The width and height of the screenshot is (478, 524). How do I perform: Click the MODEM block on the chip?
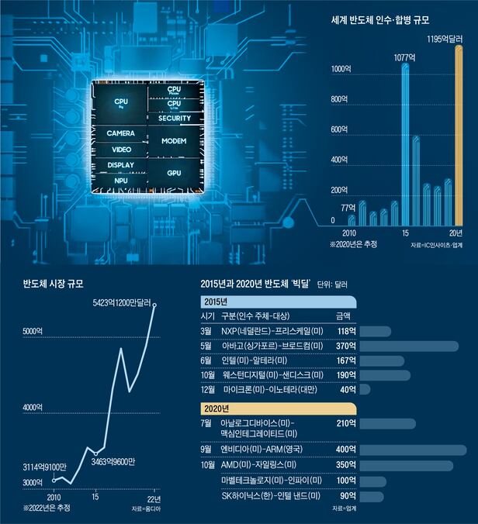pos(174,142)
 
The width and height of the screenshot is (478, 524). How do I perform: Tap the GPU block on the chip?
pos(174,173)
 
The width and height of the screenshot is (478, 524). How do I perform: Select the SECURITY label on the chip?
pos(174,119)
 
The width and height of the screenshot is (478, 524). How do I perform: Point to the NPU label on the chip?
pos(121,181)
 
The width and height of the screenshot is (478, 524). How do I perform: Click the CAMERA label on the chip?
pos(121,133)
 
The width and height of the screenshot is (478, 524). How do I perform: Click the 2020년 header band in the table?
pos(277,408)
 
